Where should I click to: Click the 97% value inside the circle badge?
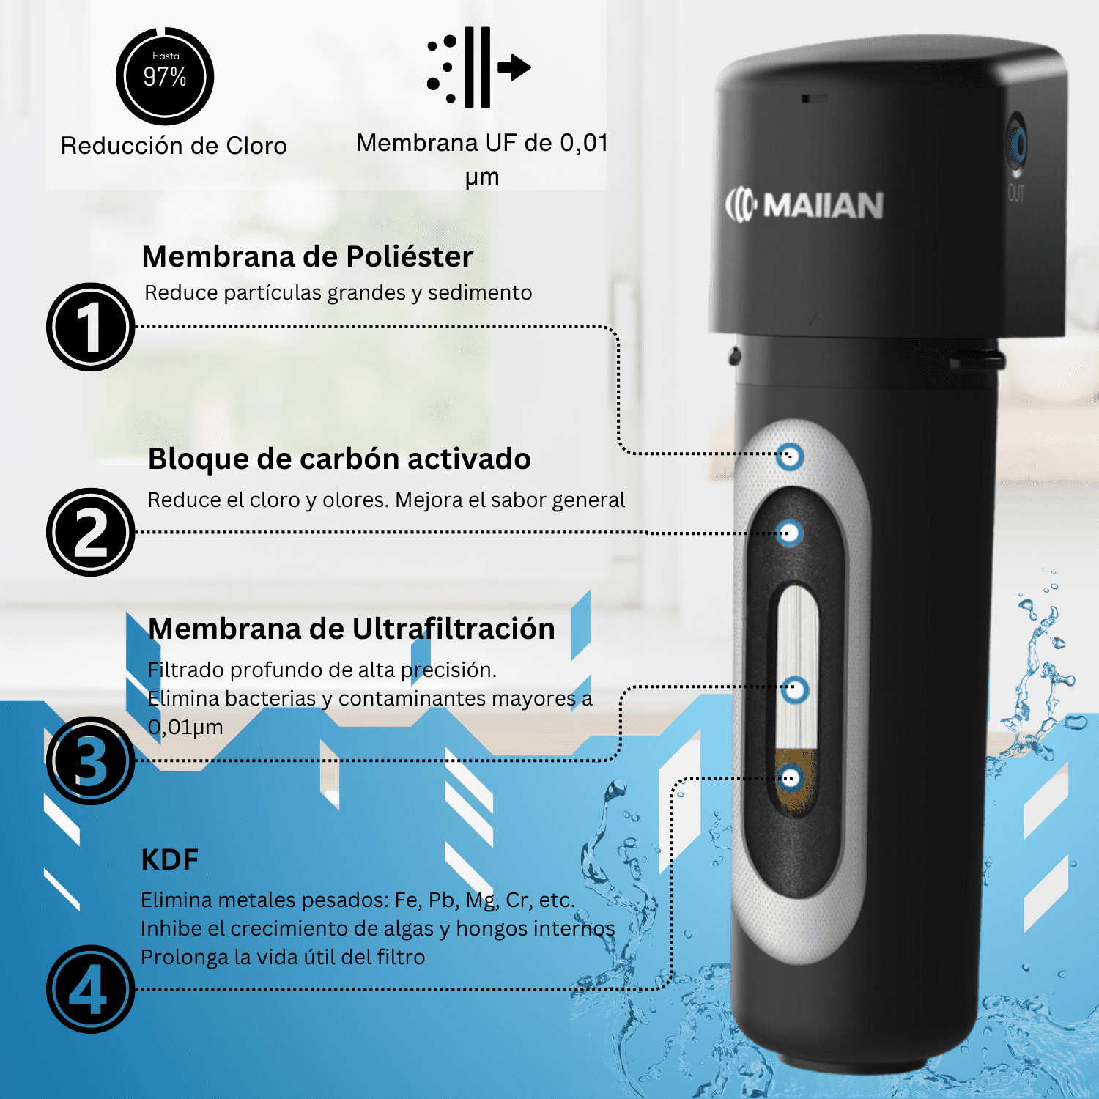[165, 77]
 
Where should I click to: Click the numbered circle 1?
[91, 327]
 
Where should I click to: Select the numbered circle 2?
[91, 532]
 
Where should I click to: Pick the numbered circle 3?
[91, 761]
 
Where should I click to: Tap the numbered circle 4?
[91, 989]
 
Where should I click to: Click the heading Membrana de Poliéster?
[308, 257]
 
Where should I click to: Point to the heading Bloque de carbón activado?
[339, 459]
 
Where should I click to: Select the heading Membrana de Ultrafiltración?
[352, 629]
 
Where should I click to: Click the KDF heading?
[170, 860]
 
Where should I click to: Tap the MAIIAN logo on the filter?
[804, 205]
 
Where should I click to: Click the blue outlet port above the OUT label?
[1017, 143]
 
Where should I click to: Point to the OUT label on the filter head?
[1016, 193]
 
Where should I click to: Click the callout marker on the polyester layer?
[789, 456]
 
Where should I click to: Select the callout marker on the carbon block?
[788, 533]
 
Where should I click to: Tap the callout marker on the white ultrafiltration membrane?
[794, 689]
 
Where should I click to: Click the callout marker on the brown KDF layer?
[791, 778]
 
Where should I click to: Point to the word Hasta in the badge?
[166, 56]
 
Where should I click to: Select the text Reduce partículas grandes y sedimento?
[338, 293]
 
